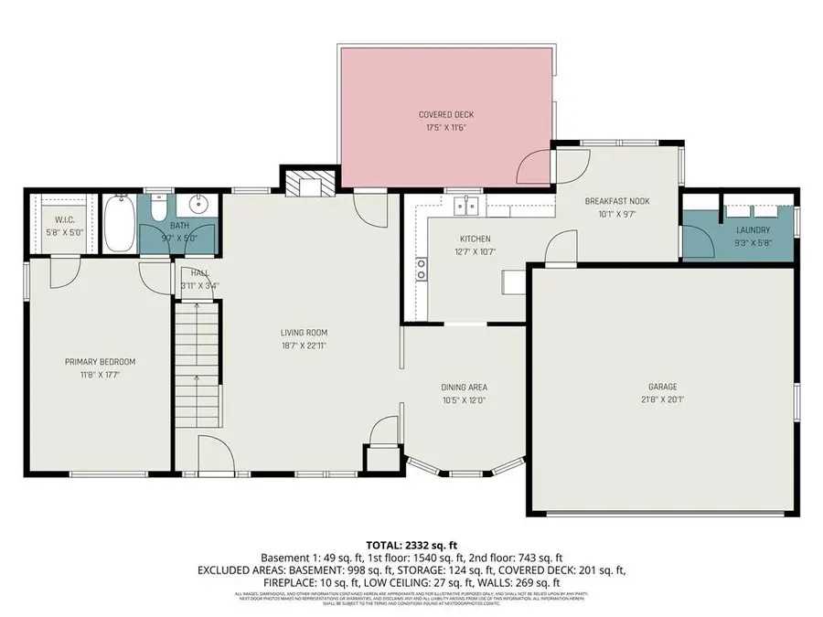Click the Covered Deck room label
click(446, 114)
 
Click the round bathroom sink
click(197, 204)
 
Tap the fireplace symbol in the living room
click(306, 186)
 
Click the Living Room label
click(304, 333)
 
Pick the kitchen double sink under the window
click(466, 205)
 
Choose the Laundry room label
click(751, 230)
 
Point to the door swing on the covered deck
click(533, 167)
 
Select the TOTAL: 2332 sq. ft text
click(411, 543)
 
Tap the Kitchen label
click(475, 239)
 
